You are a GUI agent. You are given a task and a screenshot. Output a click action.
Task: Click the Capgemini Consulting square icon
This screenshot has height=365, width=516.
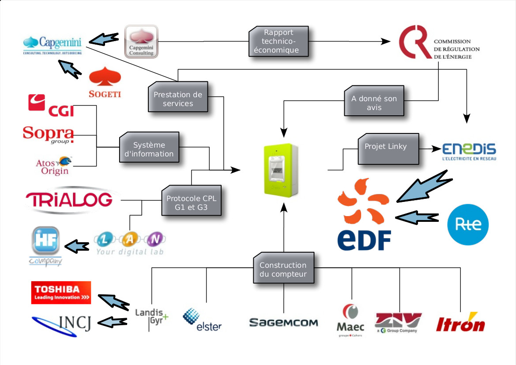pyautogui.click(x=141, y=42)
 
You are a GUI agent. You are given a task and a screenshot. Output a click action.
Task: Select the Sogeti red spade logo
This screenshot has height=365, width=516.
pyautogui.click(x=105, y=82)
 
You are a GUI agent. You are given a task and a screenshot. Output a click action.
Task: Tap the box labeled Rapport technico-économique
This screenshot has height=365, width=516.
pyautogui.click(x=279, y=41)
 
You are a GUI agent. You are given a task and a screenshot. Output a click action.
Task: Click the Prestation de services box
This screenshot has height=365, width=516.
pyautogui.click(x=178, y=99)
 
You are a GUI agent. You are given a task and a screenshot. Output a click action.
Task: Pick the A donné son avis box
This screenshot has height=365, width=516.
pyautogui.click(x=374, y=103)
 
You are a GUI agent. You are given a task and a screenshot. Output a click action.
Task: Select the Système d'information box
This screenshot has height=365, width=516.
pyautogui.click(x=149, y=149)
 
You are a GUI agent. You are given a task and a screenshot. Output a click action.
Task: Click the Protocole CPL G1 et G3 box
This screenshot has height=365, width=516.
pyautogui.click(x=192, y=199)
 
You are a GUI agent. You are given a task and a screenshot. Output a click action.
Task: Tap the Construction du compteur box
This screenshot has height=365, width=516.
pyautogui.click(x=283, y=269)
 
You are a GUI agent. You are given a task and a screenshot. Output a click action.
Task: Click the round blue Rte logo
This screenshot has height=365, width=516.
pyautogui.click(x=468, y=225)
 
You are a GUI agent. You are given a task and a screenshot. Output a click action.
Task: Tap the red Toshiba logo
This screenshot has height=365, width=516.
pyautogui.click(x=61, y=293)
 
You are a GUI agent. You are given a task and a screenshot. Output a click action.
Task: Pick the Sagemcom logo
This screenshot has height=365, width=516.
pyautogui.click(x=283, y=323)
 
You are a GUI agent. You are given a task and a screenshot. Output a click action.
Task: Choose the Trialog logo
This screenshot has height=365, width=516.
pyautogui.click(x=69, y=200)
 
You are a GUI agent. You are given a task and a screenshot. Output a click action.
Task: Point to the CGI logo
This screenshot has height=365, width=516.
pyautogui.click(x=51, y=105)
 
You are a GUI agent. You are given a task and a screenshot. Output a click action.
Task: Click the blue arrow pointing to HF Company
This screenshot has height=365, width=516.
pyautogui.click(x=78, y=245)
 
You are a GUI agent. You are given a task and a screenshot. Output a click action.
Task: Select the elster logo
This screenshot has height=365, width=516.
pyautogui.click(x=202, y=320)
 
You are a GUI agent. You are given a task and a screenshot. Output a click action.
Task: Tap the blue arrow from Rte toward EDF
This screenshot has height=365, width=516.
pyautogui.click(x=417, y=217)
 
